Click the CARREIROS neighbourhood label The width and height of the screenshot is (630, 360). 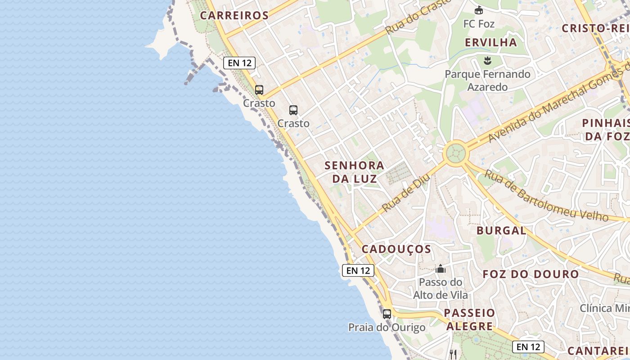pyautogui.click(x=234, y=15)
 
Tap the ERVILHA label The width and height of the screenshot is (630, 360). pyautogui.click(x=491, y=43)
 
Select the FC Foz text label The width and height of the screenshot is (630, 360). pyautogui.click(x=479, y=24)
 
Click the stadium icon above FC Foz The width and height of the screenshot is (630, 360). pyautogui.click(x=479, y=10)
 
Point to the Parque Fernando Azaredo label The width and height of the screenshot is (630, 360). pyautogui.click(x=487, y=80)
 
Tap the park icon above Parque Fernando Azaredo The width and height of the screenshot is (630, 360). pyautogui.click(x=487, y=60)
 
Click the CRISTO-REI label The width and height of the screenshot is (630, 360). pyautogui.click(x=594, y=28)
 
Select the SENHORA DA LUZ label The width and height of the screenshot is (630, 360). pyautogui.click(x=355, y=172)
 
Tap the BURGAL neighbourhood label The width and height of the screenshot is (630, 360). pyautogui.click(x=501, y=231)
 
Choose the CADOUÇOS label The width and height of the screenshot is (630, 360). pyautogui.click(x=396, y=249)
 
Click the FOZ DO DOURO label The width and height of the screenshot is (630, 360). pyautogui.click(x=531, y=274)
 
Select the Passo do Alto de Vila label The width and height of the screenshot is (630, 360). pyautogui.click(x=441, y=288)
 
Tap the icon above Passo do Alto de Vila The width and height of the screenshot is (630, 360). pyautogui.click(x=441, y=269)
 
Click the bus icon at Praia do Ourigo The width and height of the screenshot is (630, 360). pyautogui.click(x=387, y=314)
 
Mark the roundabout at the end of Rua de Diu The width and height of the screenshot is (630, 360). pyautogui.click(x=455, y=153)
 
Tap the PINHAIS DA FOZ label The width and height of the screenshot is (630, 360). pyautogui.click(x=606, y=129)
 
